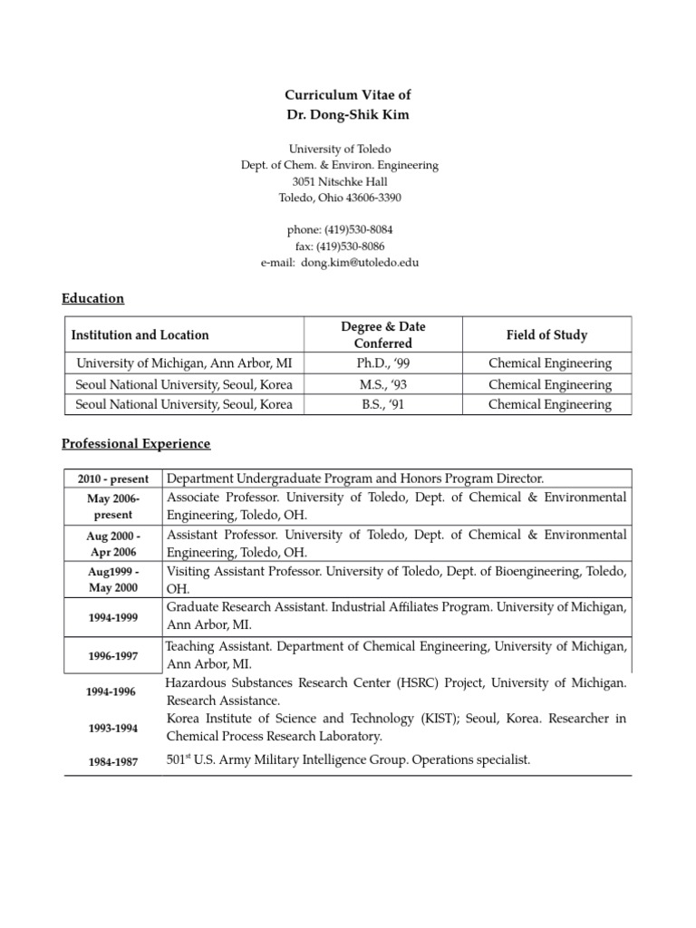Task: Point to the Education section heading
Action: pos(92,298)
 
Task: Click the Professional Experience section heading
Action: pos(136,443)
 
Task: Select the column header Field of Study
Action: pos(546,335)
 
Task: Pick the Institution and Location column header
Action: pos(140,335)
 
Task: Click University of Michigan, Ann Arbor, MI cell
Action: pos(184,363)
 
